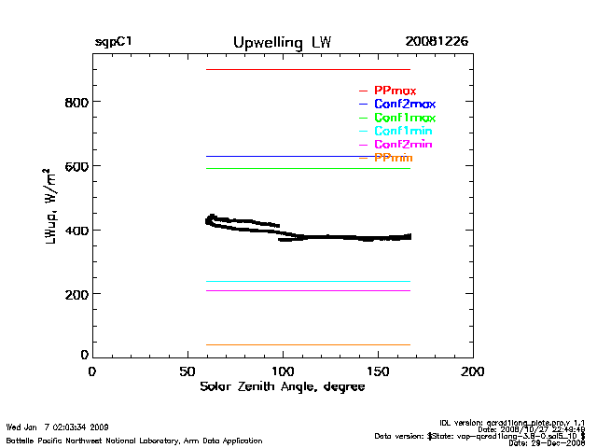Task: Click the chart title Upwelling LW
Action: (281, 43)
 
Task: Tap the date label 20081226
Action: (437, 43)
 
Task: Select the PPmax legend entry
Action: (395, 91)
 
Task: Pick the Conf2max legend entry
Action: (404, 105)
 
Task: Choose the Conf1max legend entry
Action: (404, 119)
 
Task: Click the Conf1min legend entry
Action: (403, 132)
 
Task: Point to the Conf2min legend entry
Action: (403, 146)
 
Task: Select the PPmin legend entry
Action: (393, 159)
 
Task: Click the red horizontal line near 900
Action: (308, 70)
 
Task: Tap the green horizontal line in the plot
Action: (308, 169)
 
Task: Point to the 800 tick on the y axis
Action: (76, 102)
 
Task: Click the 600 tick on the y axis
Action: (76, 166)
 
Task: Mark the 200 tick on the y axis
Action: (76, 294)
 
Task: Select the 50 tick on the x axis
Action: (187, 371)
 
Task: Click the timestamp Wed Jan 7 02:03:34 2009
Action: (58, 427)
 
